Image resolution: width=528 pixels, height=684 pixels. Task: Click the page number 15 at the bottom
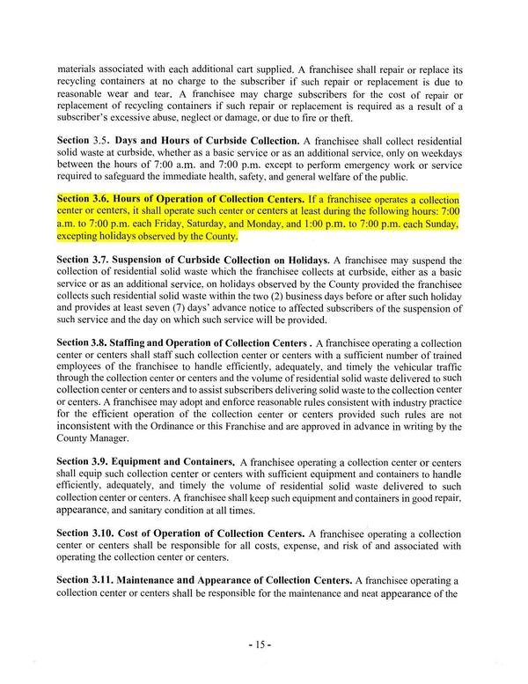(x=264, y=644)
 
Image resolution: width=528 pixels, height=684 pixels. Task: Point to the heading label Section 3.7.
(x=85, y=261)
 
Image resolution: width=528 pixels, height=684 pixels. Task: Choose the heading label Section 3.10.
(x=88, y=533)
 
